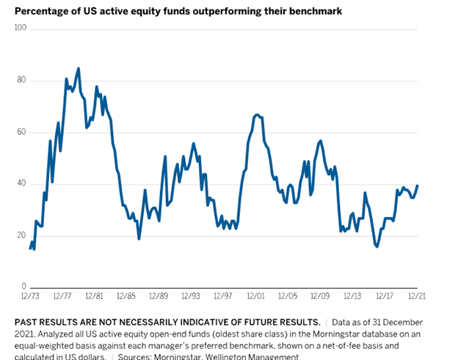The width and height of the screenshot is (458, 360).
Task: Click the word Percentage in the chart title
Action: [x=41, y=11]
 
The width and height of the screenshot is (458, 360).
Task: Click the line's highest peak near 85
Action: [x=79, y=68]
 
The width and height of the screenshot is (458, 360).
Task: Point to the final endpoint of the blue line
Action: [x=418, y=185]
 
